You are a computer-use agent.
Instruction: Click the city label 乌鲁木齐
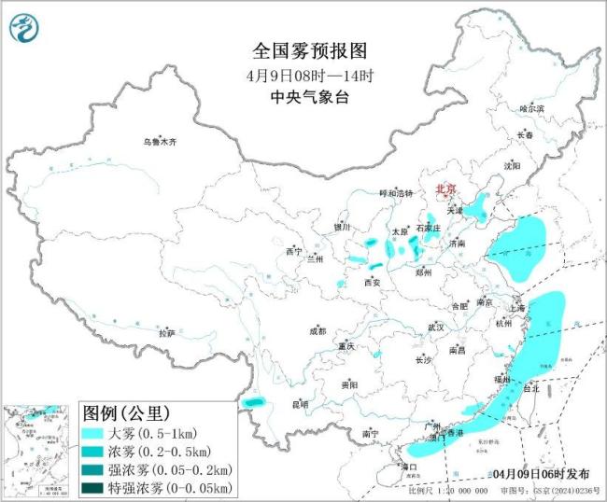(x=159, y=143)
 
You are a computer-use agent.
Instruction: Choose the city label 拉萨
(x=166, y=333)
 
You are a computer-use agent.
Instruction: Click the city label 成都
(x=318, y=330)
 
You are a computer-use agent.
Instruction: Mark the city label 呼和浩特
(x=393, y=193)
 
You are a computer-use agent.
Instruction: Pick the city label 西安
(x=373, y=281)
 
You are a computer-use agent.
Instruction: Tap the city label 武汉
(x=435, y=328)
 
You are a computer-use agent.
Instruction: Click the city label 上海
(x=516, y=308)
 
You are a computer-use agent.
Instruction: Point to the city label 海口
(x=408, y=466)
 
